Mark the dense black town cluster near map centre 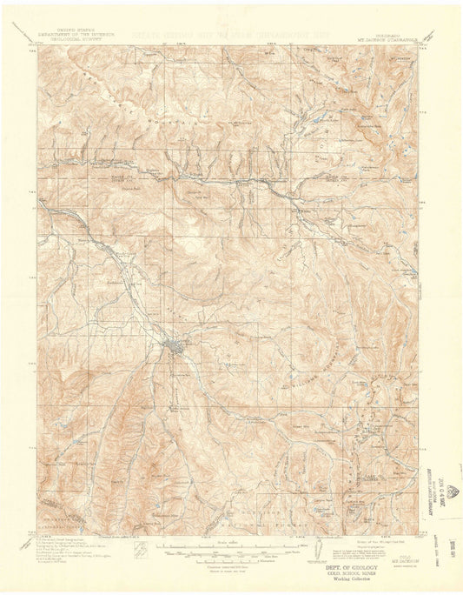(x=175, y=349)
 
